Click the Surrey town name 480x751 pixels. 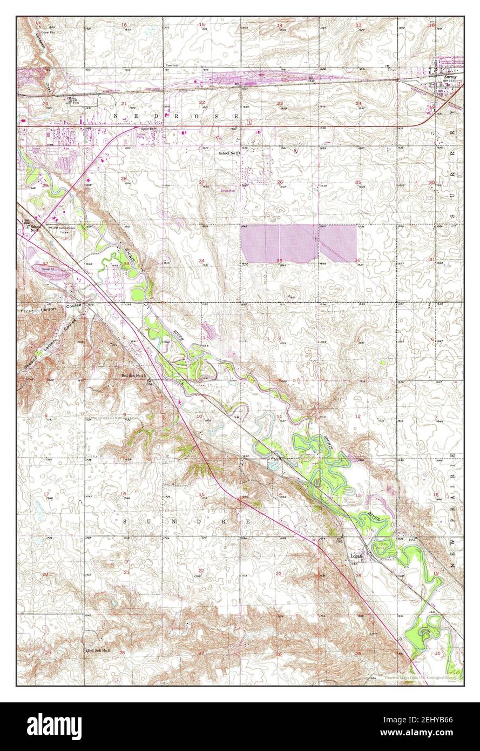click(x=450, y=77)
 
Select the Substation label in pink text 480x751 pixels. click(x=227, y=190)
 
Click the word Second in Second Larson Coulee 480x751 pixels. click(x=30, y=360)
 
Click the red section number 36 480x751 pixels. click(x=357, y=260)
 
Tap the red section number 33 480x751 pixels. click(x=126, y=264)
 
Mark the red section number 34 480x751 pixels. click(x=201, y=260)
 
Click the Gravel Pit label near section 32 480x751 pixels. click(x=49, y=267)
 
